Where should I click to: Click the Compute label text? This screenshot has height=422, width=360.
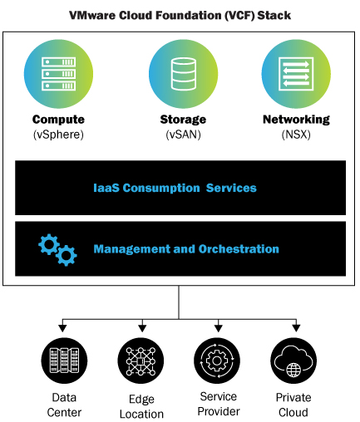tap(59, 120)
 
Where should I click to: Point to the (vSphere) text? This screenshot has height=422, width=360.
tap(59, 134)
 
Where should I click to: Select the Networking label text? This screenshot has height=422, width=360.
tap(295, 120)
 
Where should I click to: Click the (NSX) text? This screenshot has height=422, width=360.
tap(295, 134)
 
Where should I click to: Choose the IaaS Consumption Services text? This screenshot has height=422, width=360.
tap(175, 188)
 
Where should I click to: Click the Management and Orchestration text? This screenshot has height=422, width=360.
tap(186, 248)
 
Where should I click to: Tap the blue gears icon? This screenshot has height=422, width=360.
tap(57, 249)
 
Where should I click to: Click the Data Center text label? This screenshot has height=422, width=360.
tap(64, 405)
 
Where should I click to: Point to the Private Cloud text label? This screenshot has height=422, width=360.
tap(293, 405)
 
